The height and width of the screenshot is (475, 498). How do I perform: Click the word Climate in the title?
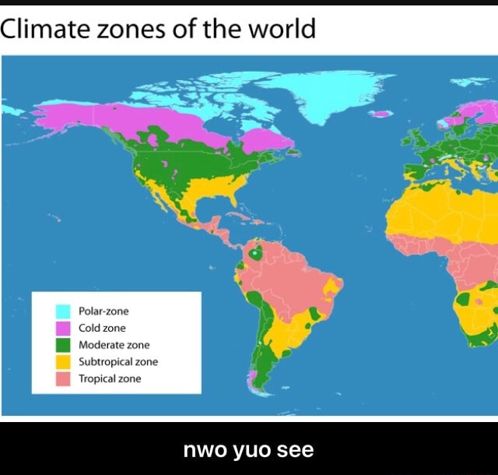45,29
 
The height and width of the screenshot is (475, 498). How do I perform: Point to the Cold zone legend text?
102,329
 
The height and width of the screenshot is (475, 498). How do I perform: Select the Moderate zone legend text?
114,345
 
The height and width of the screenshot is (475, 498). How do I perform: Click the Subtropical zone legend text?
118,362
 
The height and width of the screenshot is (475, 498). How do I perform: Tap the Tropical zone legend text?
110,379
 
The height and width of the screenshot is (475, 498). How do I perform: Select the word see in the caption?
295,450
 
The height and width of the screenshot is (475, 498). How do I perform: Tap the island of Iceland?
381,114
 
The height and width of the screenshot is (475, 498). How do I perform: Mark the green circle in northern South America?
254,253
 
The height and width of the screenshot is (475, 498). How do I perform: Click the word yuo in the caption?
248,450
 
